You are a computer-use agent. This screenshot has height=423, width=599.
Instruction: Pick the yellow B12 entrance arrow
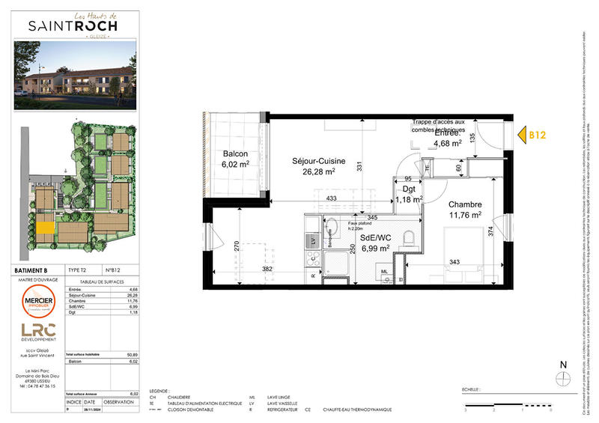(529, 135)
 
